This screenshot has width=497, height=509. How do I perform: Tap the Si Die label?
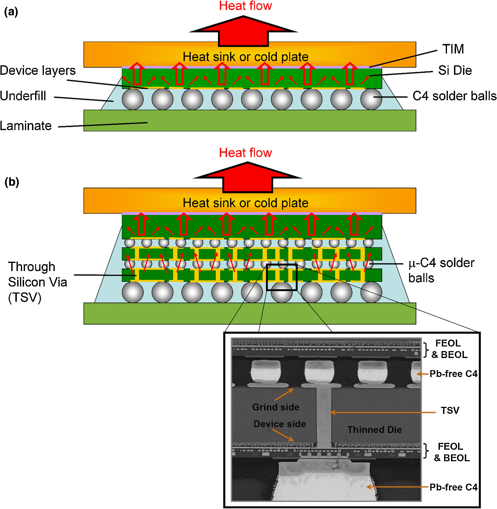(455, 70)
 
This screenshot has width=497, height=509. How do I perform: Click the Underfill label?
(23, 96)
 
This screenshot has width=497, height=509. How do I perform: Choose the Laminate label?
(26, 126)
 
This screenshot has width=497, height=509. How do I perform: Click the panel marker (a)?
(11, 12)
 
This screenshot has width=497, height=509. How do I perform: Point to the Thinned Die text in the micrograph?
(374, 429)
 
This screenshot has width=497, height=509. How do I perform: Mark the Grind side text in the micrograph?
(276, 407)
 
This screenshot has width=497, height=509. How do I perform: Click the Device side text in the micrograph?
(280, 424)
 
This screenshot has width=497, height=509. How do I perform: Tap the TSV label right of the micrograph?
(450, 410)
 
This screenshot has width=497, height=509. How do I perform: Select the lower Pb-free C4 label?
(453, 487)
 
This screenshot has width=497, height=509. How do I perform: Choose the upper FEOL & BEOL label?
(449, 349)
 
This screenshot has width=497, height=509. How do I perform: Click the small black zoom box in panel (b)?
(282, 277)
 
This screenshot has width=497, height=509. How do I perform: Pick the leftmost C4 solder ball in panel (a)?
(133, 99)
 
